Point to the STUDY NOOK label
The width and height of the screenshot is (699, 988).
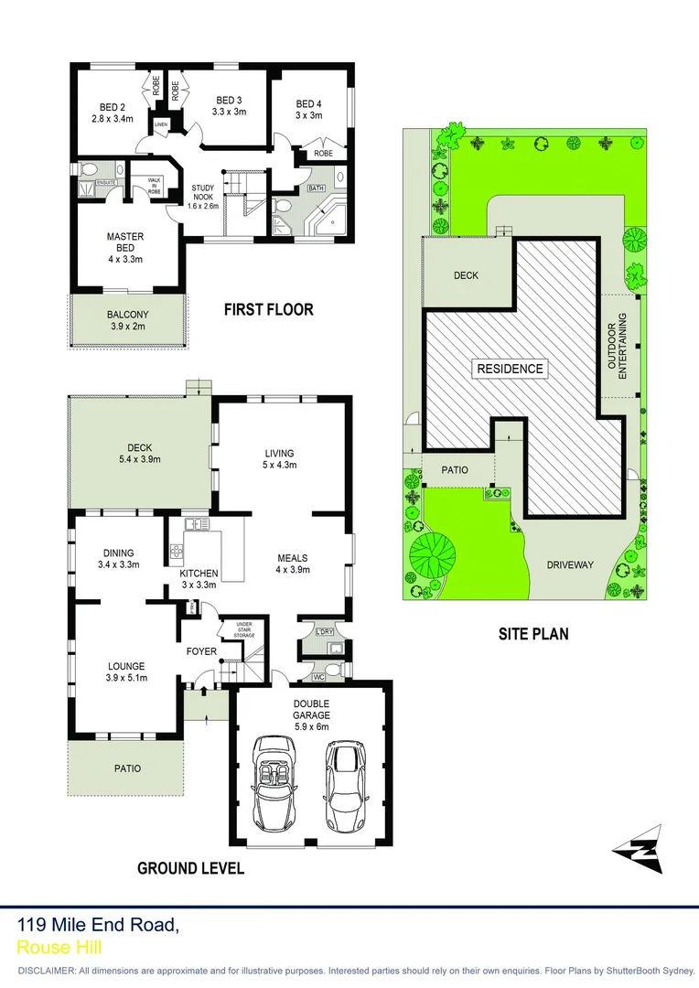click(203, 196)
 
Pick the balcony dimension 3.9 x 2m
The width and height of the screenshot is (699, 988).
click(127, 327)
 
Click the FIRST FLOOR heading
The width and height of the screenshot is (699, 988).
click(269, 310)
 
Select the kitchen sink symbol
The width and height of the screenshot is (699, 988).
click(194, 524)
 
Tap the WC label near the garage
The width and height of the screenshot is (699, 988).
click(317, 677)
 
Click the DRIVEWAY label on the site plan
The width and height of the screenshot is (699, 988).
click(569, 564)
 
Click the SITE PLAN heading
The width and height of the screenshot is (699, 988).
click(532, 632)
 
